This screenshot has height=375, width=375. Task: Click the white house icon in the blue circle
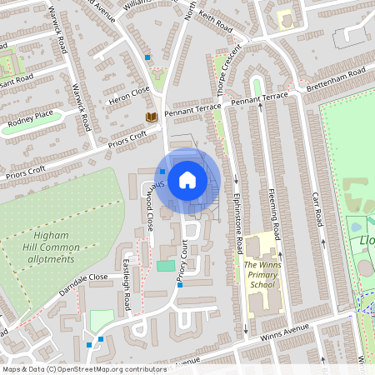tap(187, 179)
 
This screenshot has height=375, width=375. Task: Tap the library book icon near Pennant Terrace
tap(152, 117)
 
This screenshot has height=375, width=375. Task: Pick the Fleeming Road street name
tap(272, 207)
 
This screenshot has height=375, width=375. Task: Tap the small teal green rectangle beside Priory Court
tap(166, 266)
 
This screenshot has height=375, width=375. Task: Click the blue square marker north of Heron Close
tap(147, 57)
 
